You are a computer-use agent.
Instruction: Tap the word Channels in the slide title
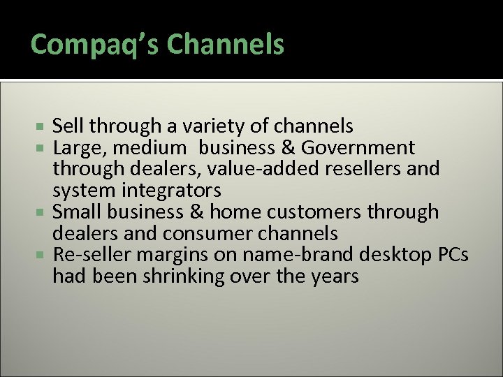[x=226, y=44]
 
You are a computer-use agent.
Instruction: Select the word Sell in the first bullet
[x=66, y=126]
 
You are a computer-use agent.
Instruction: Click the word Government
[x=358, y=148]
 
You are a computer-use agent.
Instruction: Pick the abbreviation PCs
[x=453, y=255]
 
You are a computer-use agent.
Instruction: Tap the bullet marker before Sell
[x=43, y=127]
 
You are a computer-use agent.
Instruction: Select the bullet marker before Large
[x=43, y=149]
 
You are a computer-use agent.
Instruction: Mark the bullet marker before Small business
[x=43, y=212]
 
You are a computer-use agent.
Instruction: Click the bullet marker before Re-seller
[x=43, y=256]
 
